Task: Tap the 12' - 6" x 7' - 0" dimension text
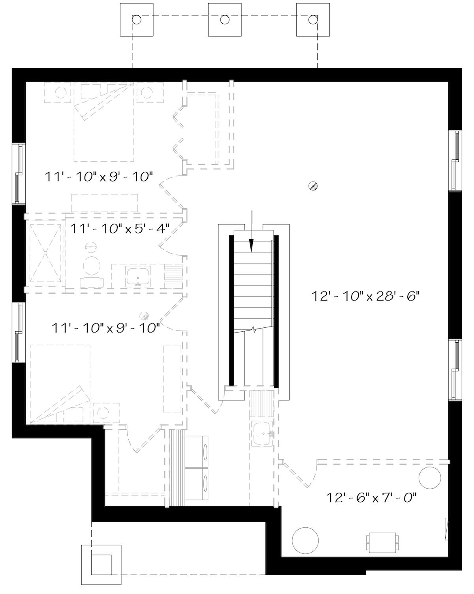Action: pos(372,498)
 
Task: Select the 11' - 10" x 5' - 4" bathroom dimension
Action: pos(120,228)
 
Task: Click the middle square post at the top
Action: pos(225,20)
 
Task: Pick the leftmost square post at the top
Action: pos(137,20)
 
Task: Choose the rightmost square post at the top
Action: pos(313,20)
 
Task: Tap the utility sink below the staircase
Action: pos(261,433)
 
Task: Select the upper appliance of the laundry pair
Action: pos(197,452)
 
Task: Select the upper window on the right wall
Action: pos(455,160)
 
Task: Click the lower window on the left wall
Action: pos(18,332)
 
